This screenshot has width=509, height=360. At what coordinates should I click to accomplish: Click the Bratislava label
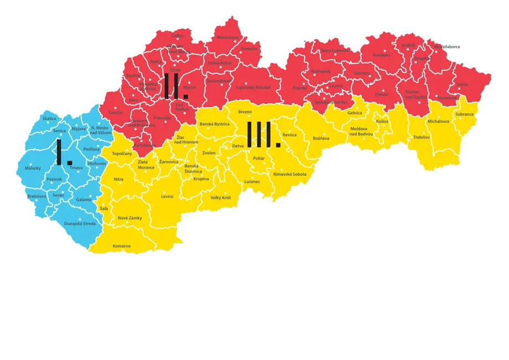pyautogui.click(x=36, y=196)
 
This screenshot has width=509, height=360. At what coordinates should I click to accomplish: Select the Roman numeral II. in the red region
pyautogui.click(x=176, y=85)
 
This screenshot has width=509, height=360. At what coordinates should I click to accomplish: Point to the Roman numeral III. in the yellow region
pyautogui.click(x=263, y=135)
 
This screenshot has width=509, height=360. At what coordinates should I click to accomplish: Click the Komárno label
pyautogui.click(x=122, y=246)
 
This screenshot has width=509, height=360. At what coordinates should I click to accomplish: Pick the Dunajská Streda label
pyautogui.click(x=80, y=223)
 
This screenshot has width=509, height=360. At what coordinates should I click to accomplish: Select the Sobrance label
pyautogui.click(x=464, y=114)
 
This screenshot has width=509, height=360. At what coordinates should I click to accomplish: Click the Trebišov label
pyautogui.click(x=422, y=137)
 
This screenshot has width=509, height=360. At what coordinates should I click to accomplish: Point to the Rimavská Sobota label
pyautogui.click(x=289, y=174)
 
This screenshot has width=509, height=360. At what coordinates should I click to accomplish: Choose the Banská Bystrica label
pyautogui.click(x=214, y=124)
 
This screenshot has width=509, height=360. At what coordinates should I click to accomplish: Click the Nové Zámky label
pyautogui.click(x=130, y=218)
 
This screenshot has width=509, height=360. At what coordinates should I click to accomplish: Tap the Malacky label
pyautogui.click(x=33, y=168)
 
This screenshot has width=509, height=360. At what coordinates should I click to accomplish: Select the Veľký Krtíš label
pyautogui.click(x=221, y=197)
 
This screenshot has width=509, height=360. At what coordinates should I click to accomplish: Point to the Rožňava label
pyautogui.click(x=321, y=138)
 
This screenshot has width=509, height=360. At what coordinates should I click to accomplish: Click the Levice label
pyautogui.click(x=167, y=196)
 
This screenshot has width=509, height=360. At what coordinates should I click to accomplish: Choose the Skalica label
pyautogui.click(x=49, y=118)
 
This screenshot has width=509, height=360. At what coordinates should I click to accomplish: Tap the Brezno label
pyautogui.click(x=245, y=112)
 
